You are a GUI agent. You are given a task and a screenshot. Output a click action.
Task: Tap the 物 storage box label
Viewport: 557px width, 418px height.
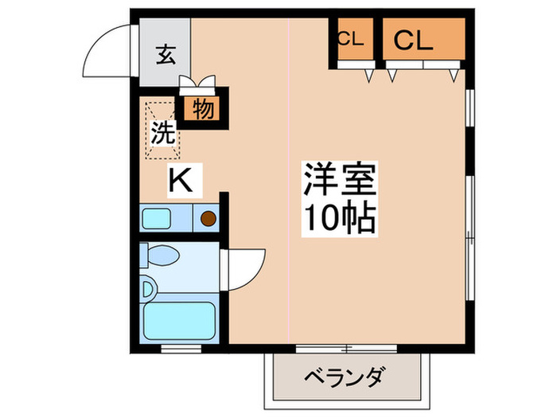[x=203, y=109]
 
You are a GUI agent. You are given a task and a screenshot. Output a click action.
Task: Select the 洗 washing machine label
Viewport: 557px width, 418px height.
[x=163, y=133]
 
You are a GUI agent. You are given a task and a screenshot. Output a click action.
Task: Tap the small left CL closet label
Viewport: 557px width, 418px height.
[x=351, y=39]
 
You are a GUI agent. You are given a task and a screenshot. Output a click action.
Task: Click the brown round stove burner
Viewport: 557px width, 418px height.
[x=208, y=217]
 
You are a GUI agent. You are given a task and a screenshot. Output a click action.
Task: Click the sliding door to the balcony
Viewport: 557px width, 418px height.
[x=348, y=347]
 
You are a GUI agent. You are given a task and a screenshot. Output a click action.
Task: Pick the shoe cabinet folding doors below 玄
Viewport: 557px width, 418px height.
[x=197, y=81]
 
